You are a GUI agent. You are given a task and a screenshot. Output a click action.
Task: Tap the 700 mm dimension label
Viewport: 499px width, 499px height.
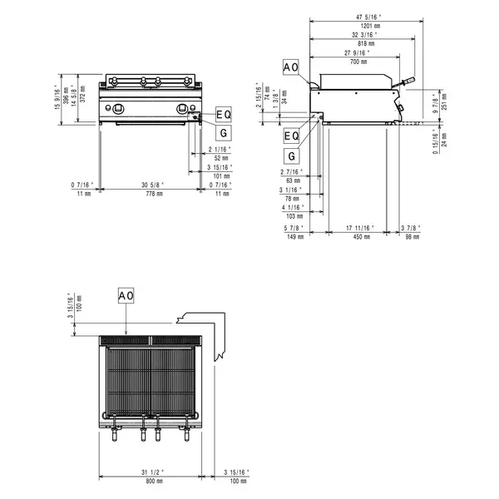pyautogui.click(x=359, y=62)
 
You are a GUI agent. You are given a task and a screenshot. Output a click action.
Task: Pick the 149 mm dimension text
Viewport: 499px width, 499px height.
pyautogui.click(x=293, y=235)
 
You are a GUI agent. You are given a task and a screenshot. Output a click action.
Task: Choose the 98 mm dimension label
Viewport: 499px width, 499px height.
pyautogui.click(x=409, y=235)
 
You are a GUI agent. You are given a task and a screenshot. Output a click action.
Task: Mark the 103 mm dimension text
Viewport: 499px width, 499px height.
pyautogui.click(x=293, y=215)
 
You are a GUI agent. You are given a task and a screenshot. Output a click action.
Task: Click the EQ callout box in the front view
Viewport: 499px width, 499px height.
pyautogui.click(x=224, y=113)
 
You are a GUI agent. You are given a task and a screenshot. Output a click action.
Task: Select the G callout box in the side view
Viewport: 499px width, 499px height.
pyautogui.click(x=291, y=156)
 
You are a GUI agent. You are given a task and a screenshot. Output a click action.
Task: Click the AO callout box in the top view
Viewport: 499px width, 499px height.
pyautogui.click(x=125, y=296)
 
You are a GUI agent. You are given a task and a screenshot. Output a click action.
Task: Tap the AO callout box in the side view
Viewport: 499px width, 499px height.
pyautogui.click(x=291, y=67)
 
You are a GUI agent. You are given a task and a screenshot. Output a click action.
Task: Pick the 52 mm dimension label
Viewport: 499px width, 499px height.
pyautogui.click(x=222, y=157)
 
